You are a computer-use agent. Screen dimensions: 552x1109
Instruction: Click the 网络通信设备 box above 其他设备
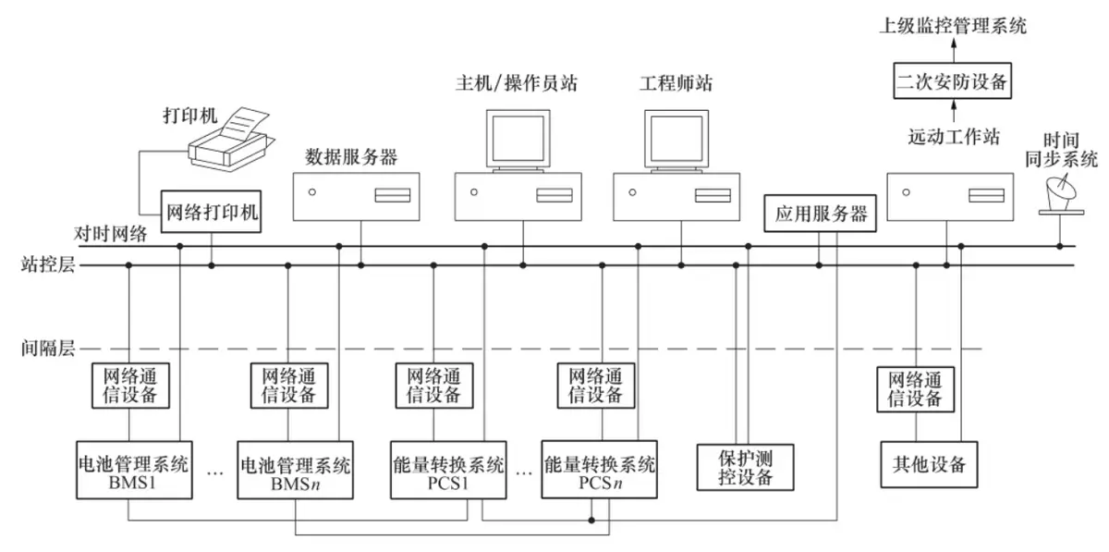pyautogui.click(x=915, y=388)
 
